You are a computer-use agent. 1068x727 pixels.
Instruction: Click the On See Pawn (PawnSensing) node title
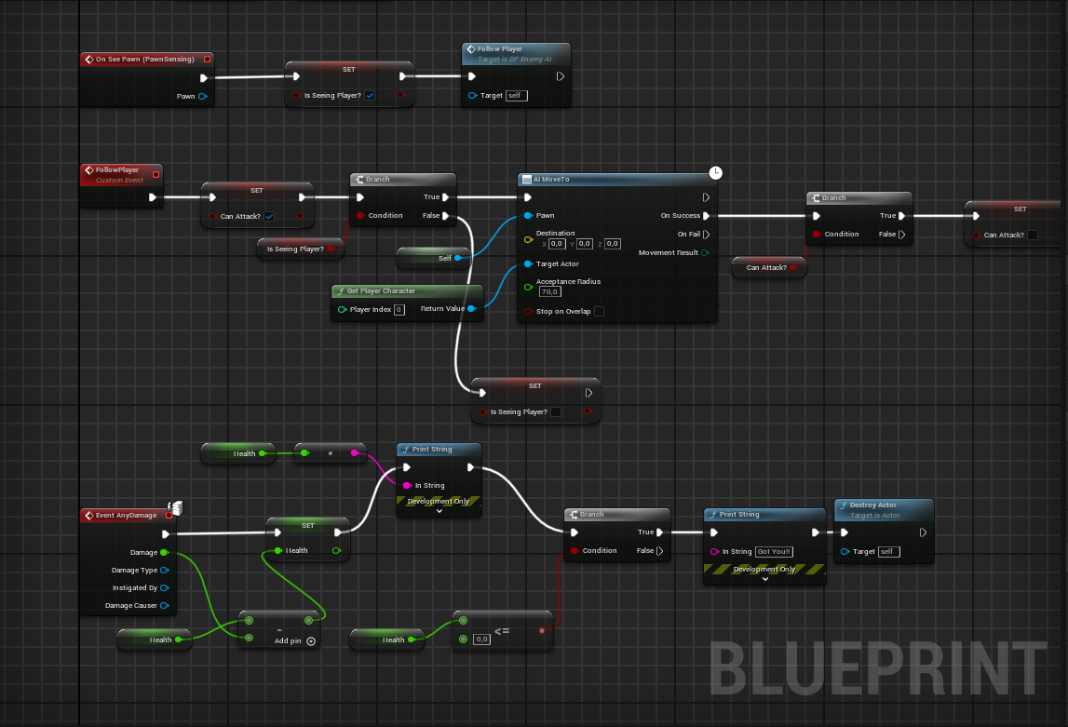pyautogui.click(x=144, y=59)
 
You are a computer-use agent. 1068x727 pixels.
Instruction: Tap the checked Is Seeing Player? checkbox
pyautogui.click(x=370, y=95)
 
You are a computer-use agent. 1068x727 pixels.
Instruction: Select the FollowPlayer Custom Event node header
pyautogui.click(x=117, y=170)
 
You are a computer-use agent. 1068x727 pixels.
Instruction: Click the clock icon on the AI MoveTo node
pyautogui.click(x=715, y=172)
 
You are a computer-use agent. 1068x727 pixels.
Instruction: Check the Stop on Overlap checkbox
pyautogui.click(x=599, y=311)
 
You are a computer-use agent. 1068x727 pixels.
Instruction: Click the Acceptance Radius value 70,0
pyautogui.click(x=549, y=291)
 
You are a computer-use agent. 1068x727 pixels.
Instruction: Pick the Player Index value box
pyautogui.click(x=399, y=309)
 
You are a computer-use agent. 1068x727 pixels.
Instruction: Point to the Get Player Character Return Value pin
pyautogui.click(x=471, y=309)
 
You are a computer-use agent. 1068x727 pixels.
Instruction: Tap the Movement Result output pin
pyautogui.click(x=705, y=253)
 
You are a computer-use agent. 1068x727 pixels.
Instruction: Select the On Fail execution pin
pyautogui.click(x=706, y=235)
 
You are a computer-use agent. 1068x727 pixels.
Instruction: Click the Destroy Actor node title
pyautogui.click(x=872, y=505)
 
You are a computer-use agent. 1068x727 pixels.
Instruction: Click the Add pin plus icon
pyautogui.click(x=311, y=640)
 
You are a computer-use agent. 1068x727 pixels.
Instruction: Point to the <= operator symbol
pyautogui.click(x=501, y=631)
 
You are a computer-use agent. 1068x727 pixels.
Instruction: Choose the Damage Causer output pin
pyautogui.click(x=165, y=606)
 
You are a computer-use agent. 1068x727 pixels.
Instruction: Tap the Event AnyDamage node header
pyautogui.click(x=126, y=515)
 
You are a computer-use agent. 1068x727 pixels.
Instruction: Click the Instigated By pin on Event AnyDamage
pyautogui.click(x=165, y=588)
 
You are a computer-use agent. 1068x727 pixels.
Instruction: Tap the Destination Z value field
pyautogui.click(x=612, y=244)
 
